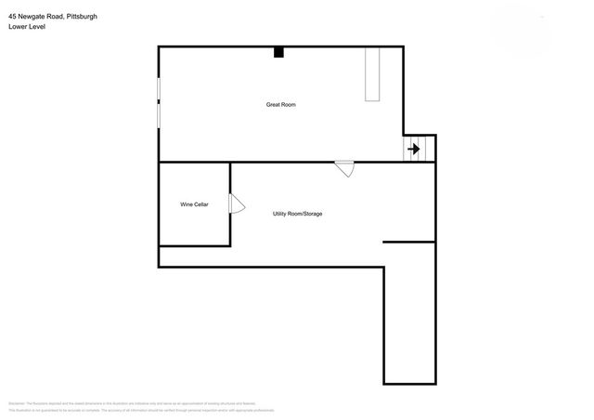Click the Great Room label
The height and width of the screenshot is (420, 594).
pyautogui.click(x=280, y=104)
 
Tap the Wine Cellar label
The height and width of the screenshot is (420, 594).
pyautogui.click(x=194, y=204)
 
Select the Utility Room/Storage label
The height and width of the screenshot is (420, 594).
pyautogui.click(x=297, y=214)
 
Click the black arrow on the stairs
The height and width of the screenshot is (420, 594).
pyautogui.click(x=414, y=149)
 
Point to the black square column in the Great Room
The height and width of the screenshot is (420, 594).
pyautogui.click(x=278, y=52)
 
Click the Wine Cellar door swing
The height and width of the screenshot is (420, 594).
pyautogui.click(x=236, y=203)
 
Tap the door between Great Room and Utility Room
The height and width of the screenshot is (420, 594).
pyautogui.click(x=344, y=168)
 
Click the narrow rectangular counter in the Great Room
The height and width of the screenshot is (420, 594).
pyautogui.click(x=374, y=73)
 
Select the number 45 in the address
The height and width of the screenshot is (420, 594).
pyautogui.click(x=11, y=17)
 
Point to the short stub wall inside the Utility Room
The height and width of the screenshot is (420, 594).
pyautogui.click(x=408, y=242)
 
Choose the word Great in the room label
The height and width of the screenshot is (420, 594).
pyautogui.click(x=273, y=104)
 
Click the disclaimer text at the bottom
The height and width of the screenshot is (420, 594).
pyautogui.click(x=139, y=406)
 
